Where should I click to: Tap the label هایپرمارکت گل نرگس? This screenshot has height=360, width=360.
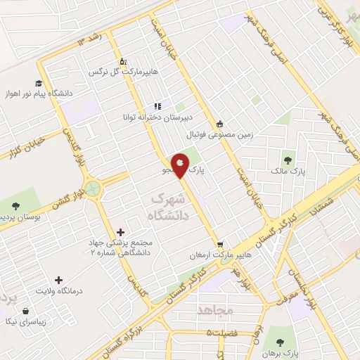coord(124,72)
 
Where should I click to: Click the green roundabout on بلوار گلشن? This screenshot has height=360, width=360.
coord(92,188)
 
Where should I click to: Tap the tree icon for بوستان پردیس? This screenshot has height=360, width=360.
coord(16,206)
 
